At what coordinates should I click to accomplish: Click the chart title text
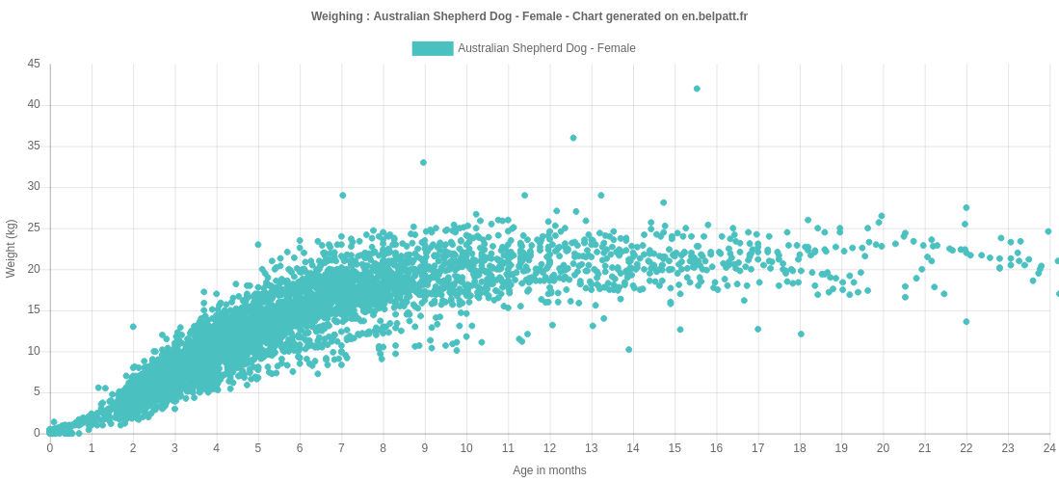click(x=529, y=16)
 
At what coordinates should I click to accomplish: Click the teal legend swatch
click(x=433, y=48)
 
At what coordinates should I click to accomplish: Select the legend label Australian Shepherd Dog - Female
click(x=546, y=48)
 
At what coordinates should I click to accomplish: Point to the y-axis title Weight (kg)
click(x=12, y=249)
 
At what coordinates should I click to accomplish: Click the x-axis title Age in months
click(x=549, y=470)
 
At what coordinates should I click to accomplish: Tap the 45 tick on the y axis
click(x=34, y=64)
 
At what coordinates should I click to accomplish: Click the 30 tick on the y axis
click(x=34, y=187)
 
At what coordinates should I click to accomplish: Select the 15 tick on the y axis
click(x=34, y=310)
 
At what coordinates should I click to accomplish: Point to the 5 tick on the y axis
click(x=37, y=392)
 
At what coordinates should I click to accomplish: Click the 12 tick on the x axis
click(x=549, y=448)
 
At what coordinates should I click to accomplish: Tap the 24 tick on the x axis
click(x=1049, y=448)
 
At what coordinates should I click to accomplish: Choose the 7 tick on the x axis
click(x=341, y=448)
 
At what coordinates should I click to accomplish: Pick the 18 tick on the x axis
click(x=800, y=448)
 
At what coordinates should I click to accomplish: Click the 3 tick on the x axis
click(x=174, y=448)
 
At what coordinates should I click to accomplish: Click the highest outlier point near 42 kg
click(x=697, y=89)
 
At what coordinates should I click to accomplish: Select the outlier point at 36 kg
click(x=573, y=138)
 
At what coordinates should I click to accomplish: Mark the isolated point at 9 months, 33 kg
click(x=423, y=163)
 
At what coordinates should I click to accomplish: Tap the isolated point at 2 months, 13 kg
click(x=133, y=327)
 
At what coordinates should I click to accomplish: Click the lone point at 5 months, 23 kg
click(x=258, y=245)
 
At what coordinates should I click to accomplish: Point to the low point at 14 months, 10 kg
click(x=629, y=350)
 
